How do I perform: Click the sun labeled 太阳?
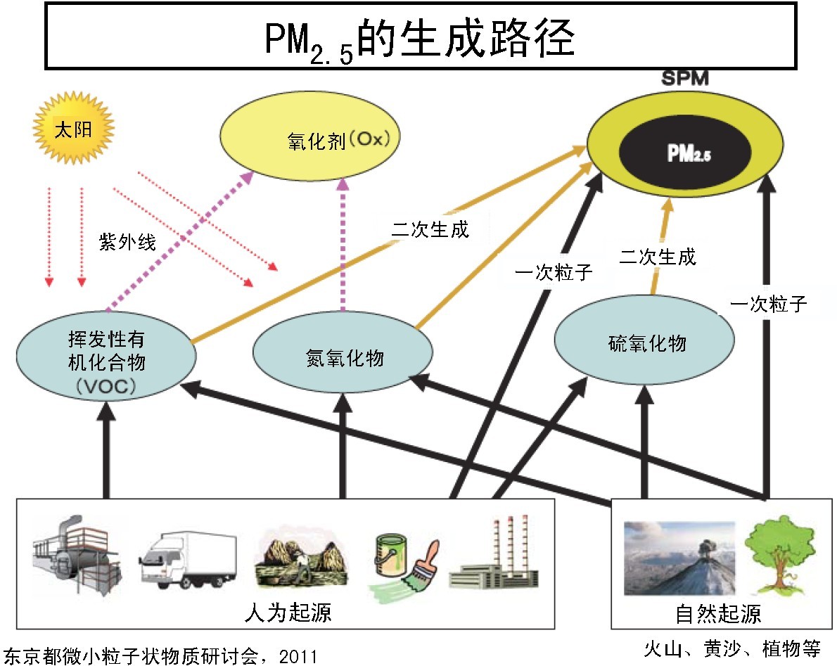pos(73,130)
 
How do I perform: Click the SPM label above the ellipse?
pos(684,79)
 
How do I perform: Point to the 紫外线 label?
pos(127,241)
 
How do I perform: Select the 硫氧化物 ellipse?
pos(645,342)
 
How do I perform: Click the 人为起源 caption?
pos(288,613)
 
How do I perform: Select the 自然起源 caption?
pos(718,614)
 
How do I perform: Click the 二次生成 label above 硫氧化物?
pos(658,257)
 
